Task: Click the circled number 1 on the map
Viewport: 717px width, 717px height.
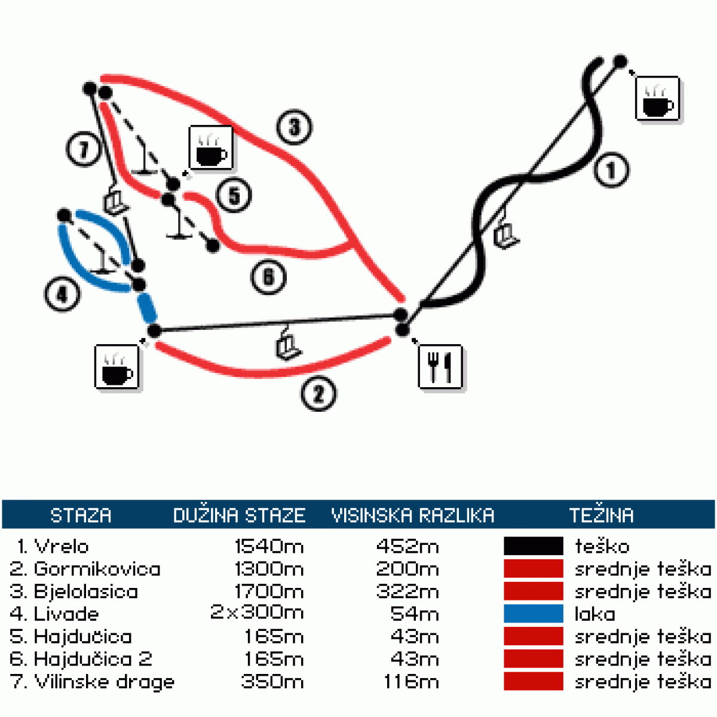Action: [611, 170]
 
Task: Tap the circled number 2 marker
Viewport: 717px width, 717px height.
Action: [318, 394]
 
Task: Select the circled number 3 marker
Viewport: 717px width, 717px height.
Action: [294, 127]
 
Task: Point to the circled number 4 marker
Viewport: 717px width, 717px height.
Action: [62, 294]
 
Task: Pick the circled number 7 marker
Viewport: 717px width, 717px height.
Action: [84, 149]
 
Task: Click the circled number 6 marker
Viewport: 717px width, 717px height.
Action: [268, 277]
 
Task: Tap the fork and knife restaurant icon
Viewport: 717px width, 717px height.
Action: [440, 366]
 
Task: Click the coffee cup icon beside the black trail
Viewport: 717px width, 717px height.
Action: [657, 99]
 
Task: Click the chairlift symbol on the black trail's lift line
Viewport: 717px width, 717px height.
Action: [506, 235]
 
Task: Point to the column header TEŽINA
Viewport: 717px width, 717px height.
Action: [601, 515]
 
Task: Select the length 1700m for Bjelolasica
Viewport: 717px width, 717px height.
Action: [269, 592]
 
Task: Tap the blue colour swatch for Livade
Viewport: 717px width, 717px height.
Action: [533, 614]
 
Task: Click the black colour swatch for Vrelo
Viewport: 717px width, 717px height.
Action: [533, 546]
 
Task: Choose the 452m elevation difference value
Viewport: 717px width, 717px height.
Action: [407, 546]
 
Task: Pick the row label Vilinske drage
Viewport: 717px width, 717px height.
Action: [104, 682]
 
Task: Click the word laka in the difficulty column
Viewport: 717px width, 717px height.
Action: [595, 614]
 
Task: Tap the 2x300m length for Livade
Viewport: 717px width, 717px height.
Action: [257, 612]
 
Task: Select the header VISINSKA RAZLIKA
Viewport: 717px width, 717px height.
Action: [413, 515]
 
